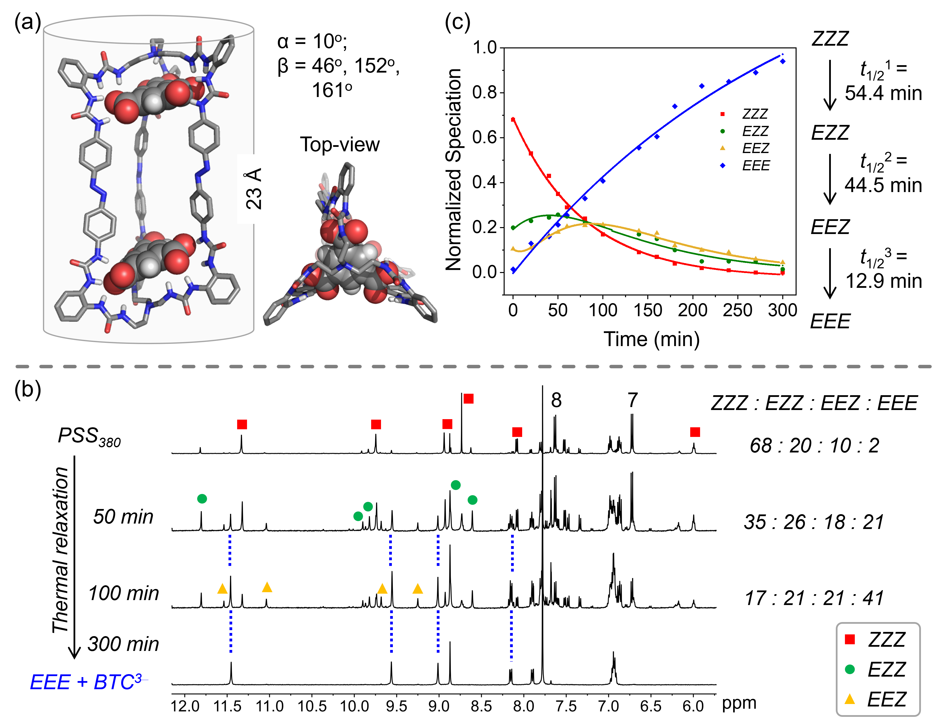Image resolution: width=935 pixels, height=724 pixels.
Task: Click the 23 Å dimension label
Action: click(253, 189)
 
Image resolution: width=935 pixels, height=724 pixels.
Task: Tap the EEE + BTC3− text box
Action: click(89, 682)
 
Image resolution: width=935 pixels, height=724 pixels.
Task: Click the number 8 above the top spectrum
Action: click(556, 400)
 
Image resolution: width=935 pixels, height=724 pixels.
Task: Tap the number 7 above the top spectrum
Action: click(633, 400)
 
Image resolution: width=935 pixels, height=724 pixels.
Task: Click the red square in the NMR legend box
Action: click(850, 640)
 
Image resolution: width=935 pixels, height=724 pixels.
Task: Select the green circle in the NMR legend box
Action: click(850, 669)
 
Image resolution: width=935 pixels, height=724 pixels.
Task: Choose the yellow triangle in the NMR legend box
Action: click(850, 699)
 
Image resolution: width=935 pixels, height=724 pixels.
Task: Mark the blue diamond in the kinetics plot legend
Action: click(723, 165)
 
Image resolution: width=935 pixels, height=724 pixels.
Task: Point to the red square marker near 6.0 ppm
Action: click(695, 432)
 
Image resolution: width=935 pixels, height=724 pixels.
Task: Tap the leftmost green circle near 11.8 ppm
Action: click(202, 498)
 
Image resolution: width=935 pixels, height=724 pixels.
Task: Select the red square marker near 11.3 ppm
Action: click(242, 424)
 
